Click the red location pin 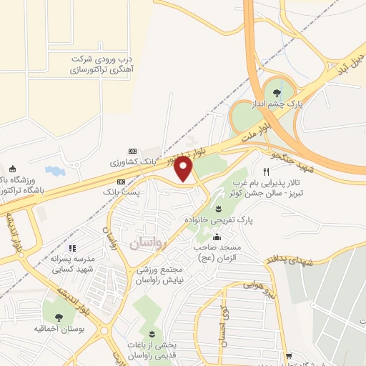184,169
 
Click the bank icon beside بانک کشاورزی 132,151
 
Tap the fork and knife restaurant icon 266,172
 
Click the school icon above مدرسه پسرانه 71,248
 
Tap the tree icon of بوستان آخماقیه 58,317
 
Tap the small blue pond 54,172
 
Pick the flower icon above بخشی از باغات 151,335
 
